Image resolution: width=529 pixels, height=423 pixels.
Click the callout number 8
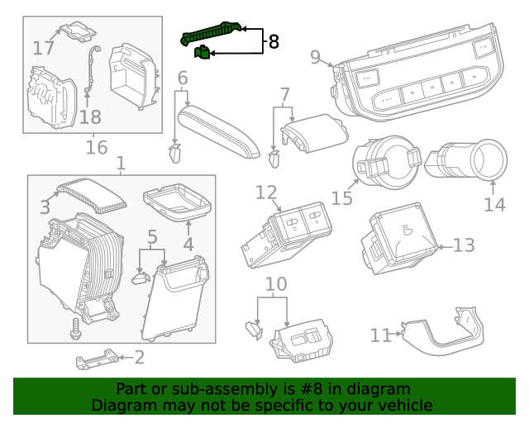coord(274,41)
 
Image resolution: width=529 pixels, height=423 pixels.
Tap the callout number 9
coord(315,57)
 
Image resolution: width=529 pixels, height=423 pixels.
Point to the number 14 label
coord(494,202)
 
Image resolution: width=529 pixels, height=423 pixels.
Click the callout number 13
coord(464,245)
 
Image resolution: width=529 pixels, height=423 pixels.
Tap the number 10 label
coord(275,285)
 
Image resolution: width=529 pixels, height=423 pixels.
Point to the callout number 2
coord(139,357)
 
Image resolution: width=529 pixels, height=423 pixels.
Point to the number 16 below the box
coord(97,148)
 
